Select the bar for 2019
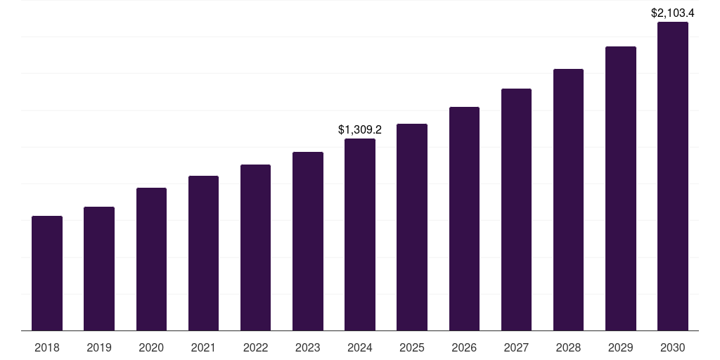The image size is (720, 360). pyautogui.click(x=99, y=269)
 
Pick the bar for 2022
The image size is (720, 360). pyautogui.click(x=255, y=247)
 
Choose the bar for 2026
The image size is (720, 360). pyautogui.click(x=464, y=219)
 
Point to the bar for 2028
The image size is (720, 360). pyautogui.click(x=568, y=200)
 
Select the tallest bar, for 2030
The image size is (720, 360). pyautogui.click(x=673, y=176)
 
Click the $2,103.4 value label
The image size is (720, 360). pyautogui.click(x=672, y=13)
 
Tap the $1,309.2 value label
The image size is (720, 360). pyautogui.click(x=359, y=129)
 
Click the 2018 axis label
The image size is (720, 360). pyautogui.click(x=47, y=347)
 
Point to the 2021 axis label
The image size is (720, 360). pyautogui.click(x=203, y=347)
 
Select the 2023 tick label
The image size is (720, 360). pyautogui.click(x=308, y=347)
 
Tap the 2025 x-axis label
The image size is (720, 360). pyautogui.click(x=412, y=347)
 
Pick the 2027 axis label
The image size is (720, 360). pyautogui.click(x=516, y=347)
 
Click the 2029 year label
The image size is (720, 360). pyautogui.click(x=620, y=347)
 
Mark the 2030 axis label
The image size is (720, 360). pyautogui.click(x=673, y=347)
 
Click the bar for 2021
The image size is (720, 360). pyautogui.click(x=203, y=253)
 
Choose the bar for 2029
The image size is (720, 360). pyautogui.click(x=620, y=188)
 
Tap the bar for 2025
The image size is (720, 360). pyautogui.click(x=412, y=227)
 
